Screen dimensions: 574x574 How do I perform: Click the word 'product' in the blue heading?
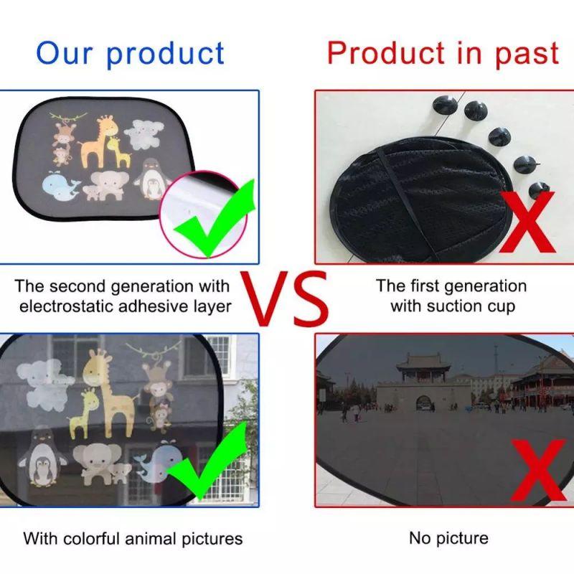[166, 54]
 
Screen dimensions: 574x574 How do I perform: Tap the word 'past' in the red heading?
[527, 54]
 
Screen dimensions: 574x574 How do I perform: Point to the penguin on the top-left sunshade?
[151, 179]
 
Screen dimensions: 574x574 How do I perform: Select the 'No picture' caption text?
[448, 538]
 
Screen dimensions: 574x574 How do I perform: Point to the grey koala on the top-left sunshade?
[139, 133]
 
